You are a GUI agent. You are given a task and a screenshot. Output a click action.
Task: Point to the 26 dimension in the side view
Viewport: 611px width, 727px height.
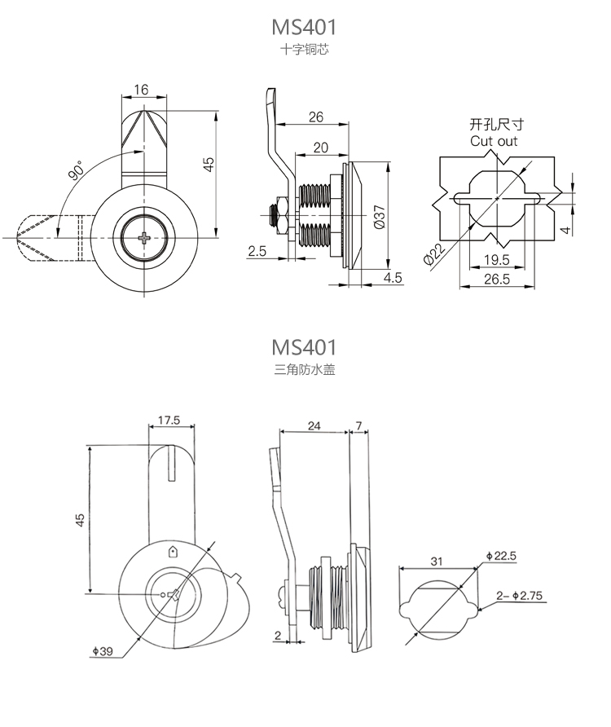(x=316, y=117)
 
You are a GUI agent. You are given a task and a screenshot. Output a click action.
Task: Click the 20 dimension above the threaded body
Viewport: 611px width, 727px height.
(x=321, y=148)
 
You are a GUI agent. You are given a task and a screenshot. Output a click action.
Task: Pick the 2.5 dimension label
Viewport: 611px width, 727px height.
(x=257, y=252)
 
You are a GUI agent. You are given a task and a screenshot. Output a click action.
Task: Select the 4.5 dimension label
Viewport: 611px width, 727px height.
(x=393, y=278)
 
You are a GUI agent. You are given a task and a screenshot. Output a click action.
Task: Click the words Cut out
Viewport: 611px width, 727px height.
(x=494, y=141)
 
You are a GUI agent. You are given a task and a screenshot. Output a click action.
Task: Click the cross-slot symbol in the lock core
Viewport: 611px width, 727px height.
(x=144, y=238)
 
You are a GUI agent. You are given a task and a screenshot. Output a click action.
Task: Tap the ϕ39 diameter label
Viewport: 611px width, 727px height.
(x=102, y=650)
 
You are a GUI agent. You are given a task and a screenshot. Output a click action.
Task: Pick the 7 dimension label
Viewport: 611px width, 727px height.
(x=358, y=425)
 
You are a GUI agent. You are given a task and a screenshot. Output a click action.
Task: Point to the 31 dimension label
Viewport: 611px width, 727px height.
(x=436, y=562)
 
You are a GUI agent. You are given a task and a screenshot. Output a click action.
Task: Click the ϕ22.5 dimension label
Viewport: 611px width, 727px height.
(x=500, y=556)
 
